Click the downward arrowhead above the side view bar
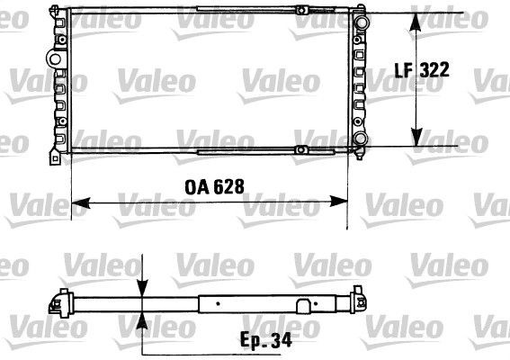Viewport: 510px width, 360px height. point(142,287)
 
